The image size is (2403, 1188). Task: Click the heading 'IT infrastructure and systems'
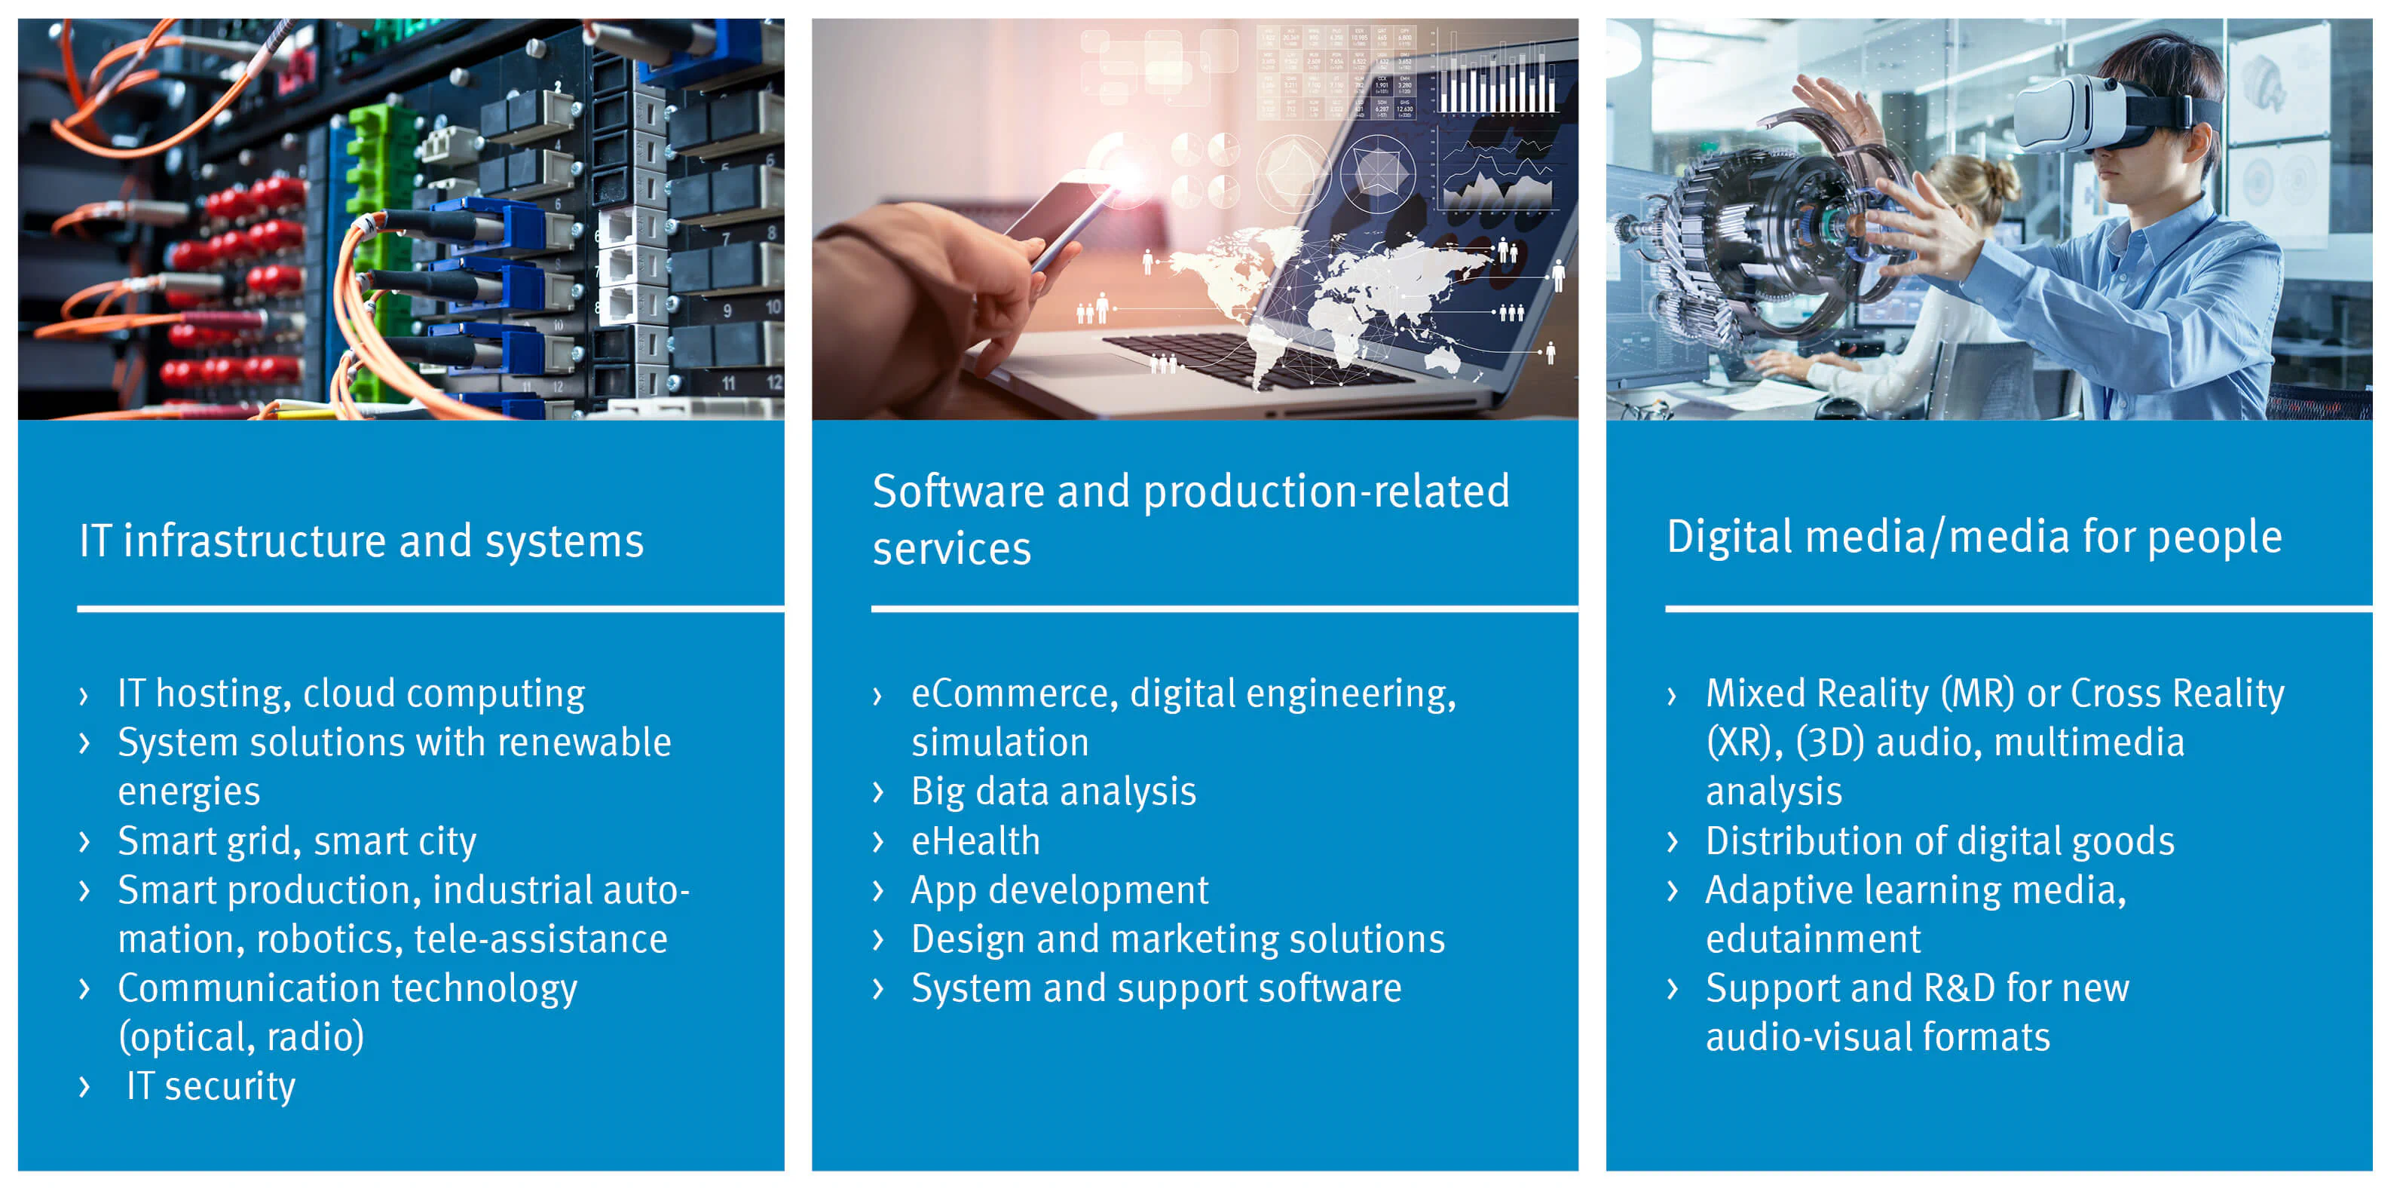point(362,541)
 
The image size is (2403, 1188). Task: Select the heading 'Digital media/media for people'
point(1974,537)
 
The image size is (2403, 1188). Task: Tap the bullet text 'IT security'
point(211,1086)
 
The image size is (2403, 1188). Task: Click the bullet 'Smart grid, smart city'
point(297,840)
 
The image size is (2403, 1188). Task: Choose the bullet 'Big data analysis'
point(1053,792)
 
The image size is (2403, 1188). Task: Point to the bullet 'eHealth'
point(975,840)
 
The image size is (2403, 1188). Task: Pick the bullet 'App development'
point(1060,890)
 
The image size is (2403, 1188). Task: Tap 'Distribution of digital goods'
point(1940,840)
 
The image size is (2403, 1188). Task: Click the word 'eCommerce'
point(1014,694)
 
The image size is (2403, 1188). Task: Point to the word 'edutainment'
point(1814,938)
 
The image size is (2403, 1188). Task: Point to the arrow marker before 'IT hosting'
point(84,695)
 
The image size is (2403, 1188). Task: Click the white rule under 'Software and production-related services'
point(1225,609)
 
